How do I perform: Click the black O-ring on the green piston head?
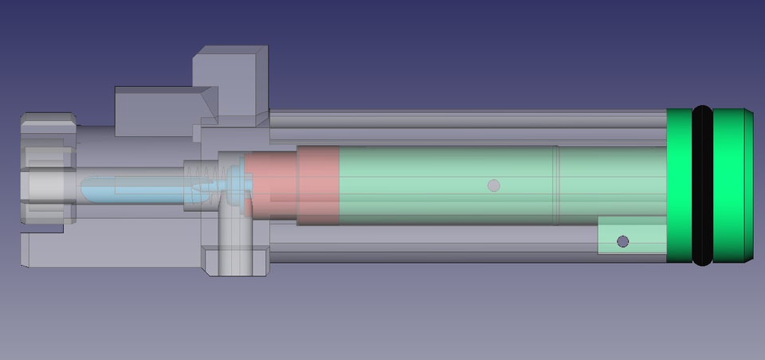pyautogui.click(x=702, y=186)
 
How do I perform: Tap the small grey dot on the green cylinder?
pyautogui.click(x=494, y=186)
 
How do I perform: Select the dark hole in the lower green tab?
pyautogui.click(x=623, y=241)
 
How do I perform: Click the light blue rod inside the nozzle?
pyautogui.click(x=135, y=188)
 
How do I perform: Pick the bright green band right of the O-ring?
pyautogui.click(x=728, y=186)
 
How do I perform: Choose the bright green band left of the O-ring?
pyautogui.click(x=679, y=186)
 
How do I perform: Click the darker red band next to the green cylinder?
pyautogui.click(x=318, y=185)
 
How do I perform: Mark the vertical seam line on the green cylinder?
pyautogui.click(x=557, y=185)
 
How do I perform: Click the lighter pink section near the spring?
pyautogui.click(x=271, y=185)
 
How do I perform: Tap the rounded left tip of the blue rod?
pyautogui.click(x=85, y=188)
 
